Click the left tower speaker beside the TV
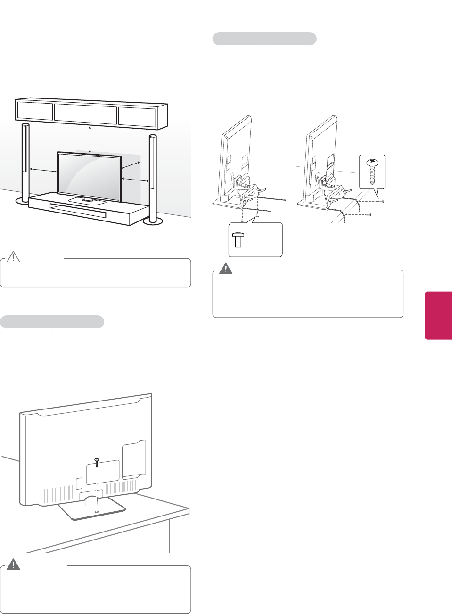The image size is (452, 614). (25, 160)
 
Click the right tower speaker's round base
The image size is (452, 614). (153, 221)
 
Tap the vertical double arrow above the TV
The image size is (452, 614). (90, 139)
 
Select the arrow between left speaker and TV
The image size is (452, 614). (43, 170)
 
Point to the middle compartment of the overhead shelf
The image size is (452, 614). (85, 114)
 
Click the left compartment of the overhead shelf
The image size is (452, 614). (34, 111)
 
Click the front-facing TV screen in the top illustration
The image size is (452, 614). (89, 175)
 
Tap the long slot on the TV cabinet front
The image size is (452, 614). (78, 211)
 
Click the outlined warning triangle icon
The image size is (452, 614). (13, 257)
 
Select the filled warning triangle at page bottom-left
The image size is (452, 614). (13, 565)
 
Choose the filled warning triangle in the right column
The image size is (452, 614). (226, 269)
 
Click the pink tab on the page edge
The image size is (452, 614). (438, 315)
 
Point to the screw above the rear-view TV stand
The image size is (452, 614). (96, 463)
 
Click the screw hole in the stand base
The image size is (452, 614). (96, 512)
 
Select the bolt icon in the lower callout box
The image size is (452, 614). (238, 240)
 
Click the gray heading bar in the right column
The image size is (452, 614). (264, 39)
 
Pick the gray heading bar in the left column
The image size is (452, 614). (52, 322)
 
